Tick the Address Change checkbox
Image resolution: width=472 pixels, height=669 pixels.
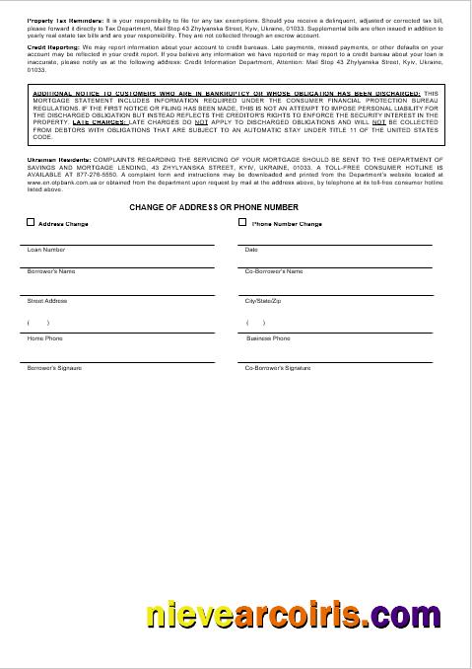tap(31, 223)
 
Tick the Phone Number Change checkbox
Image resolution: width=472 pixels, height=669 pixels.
tap(242, 223)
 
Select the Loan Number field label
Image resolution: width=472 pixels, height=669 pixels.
tap(46, 250)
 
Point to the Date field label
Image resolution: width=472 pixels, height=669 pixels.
tap(251, 250)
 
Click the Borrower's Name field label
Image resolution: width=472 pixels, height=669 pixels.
tap(51, 270)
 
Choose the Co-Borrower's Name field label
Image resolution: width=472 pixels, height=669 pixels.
tap(274, 270)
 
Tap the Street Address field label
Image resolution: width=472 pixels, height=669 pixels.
tap(47, 300)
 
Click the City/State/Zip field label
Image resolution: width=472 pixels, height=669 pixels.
tap(263, 300)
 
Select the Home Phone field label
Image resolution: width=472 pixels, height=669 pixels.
tap(44, 338)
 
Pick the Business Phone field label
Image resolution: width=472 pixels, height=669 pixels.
tap(268, 338)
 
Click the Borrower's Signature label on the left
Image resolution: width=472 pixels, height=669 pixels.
tap(54, 367)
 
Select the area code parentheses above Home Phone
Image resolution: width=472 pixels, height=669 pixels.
tap(38, 323)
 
